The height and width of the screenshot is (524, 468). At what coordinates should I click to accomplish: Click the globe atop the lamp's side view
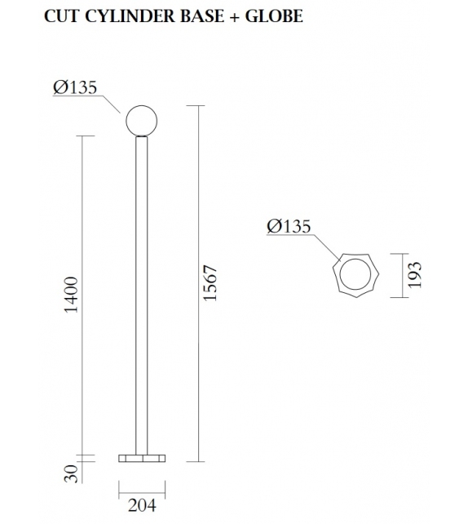140,121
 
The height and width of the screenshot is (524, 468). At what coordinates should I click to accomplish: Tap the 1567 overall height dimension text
210,283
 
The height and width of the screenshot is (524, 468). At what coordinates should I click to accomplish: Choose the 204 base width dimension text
141,506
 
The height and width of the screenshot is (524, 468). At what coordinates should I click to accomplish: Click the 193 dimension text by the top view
414,275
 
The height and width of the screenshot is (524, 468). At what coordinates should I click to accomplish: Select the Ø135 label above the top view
289,227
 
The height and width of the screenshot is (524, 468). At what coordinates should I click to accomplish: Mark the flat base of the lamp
141,458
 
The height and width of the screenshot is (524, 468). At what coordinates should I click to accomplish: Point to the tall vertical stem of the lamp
141,294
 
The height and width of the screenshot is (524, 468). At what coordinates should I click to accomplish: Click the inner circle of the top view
356,276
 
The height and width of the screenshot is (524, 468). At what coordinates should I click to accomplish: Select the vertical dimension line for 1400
85,294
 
